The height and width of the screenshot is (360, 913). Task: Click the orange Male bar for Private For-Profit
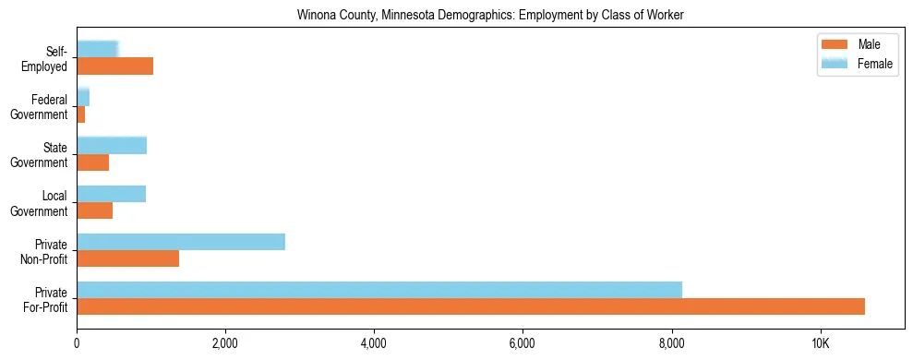coord(471,306)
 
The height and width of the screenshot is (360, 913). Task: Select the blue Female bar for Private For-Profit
coord(379,290)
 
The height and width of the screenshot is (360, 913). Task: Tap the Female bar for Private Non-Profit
coord(181,242)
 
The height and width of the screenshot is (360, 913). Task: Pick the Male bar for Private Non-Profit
coord(127,258)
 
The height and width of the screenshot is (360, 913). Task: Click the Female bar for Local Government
coord(111,194)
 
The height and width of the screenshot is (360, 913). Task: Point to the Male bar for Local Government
coord(94,210)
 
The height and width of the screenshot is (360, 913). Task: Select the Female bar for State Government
coord(112,145)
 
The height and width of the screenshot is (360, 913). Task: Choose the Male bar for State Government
coord(92,162)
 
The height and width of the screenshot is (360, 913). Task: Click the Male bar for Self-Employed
coord(114,66)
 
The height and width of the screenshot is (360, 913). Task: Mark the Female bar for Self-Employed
coord(97,49)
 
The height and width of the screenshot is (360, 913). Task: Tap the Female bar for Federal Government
coord(83,98)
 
